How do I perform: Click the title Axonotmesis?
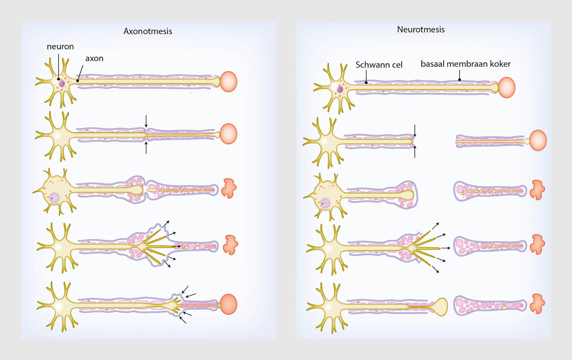click(148, 31)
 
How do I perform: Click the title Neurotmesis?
click(420, 30)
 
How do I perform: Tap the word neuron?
click(60, 46)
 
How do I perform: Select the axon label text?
click(94, 58)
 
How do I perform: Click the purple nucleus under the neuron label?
click(62, 83)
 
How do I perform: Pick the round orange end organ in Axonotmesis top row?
click(229, 82)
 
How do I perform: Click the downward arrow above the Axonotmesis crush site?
click(146, 121)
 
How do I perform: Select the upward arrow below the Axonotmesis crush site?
click(146, 148)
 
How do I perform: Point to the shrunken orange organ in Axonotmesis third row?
click(230, 188)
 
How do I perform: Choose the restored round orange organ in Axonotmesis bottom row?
click(229, 303)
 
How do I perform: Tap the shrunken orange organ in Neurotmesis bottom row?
click(537, 303)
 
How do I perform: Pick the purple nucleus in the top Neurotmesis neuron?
click(340, 89)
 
